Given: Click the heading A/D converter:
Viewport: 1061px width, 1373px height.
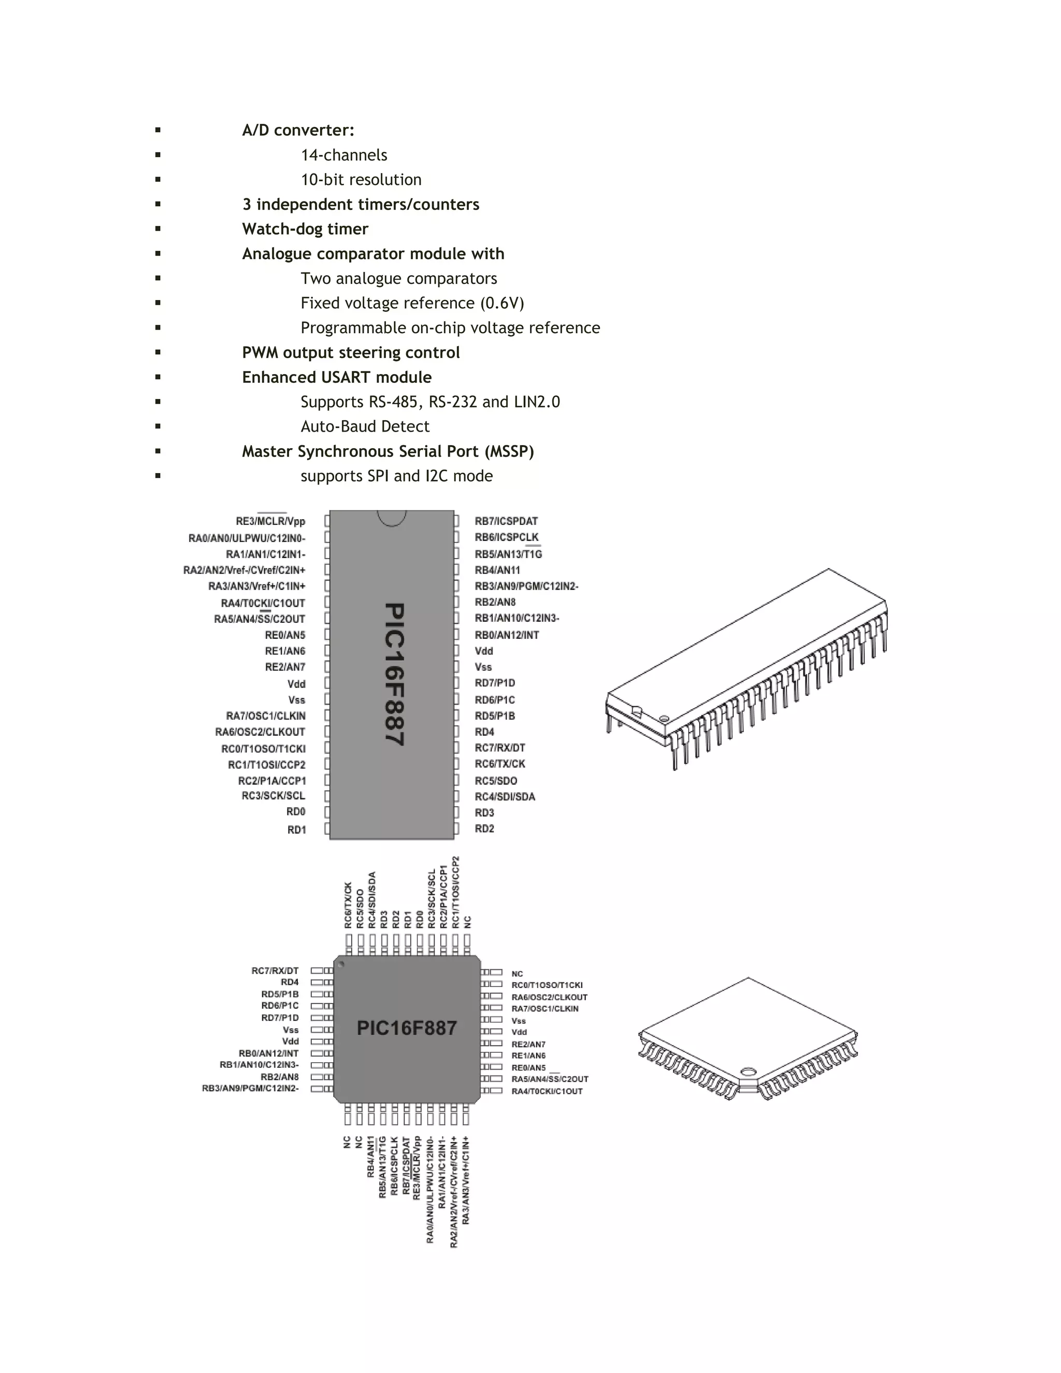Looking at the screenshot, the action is click(x=298, y=130).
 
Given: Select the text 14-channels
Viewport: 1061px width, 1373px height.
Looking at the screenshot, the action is click(x=344, y=155).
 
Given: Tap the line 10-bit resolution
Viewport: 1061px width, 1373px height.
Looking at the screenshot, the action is click(x=361, y=180).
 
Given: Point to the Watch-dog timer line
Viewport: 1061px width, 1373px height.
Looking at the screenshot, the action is click(x=305, y=229).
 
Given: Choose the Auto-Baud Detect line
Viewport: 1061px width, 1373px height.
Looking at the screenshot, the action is click(x=365, y=426).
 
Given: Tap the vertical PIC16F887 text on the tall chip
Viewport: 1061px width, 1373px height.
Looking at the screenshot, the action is click(x=394, y=674).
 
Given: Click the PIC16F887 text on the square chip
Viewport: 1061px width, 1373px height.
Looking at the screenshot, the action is click(x=407, y=1028).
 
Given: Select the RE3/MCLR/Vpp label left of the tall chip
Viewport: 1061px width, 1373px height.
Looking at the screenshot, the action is click(x=270, y=521).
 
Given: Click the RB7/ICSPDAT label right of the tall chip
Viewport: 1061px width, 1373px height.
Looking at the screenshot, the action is click(x=506, y=521).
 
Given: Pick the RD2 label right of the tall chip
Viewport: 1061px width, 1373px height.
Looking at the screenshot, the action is click(x=484, y=828).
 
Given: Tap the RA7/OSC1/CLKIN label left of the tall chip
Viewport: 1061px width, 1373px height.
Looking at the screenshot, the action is click(x=266, y=716).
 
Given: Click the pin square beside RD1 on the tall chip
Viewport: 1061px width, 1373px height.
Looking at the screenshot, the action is click(x=327, y=828).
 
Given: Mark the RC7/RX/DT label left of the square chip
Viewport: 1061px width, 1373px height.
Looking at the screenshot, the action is click(x=275, y=970).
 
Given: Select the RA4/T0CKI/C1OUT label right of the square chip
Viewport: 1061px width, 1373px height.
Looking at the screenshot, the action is click(x=547, y=1091).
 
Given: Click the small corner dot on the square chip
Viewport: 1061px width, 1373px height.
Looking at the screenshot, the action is click(x=341, y=964).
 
